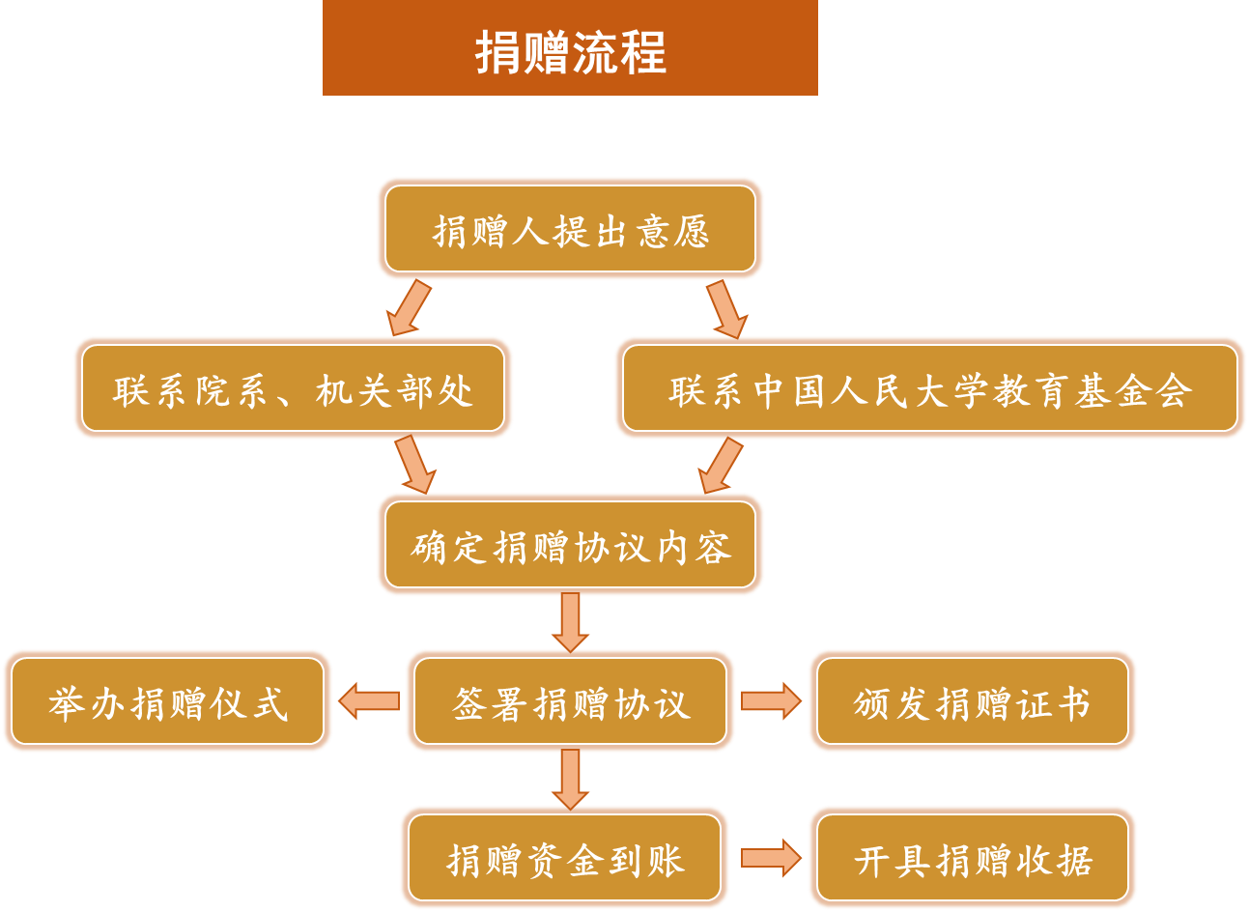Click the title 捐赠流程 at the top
570,50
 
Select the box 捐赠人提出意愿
570,230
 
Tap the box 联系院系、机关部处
293,389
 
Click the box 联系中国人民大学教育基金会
929,389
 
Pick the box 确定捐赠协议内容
570,546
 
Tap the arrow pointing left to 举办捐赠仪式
368,701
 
